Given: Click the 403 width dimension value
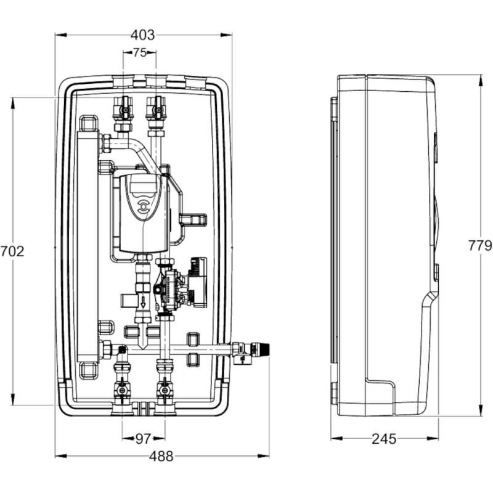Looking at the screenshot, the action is tap(143, 35).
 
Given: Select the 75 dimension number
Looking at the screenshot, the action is tap(140, 52).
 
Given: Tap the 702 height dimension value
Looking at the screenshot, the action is tap(12, 251).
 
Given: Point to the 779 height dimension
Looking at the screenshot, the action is tap(480, 245).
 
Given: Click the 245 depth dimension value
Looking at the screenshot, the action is tap(384, 439).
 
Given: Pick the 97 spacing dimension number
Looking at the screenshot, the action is tap(144, 439).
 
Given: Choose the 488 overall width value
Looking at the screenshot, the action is tap(161, 456).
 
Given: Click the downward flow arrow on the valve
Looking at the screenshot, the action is tap(144, 303).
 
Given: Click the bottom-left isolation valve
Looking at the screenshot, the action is tap(121, 391).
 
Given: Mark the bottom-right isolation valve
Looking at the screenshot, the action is tap(163, 391).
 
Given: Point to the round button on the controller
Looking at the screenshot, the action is tap(144, 207).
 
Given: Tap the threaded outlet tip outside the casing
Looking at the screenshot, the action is tap(264, 349).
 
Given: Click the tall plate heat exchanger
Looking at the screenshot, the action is tap(88, 246).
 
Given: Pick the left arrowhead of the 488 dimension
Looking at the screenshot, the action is tap(61, 456).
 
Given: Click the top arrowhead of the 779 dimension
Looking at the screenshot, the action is tap(481, 81).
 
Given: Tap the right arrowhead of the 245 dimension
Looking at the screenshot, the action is tap(433, 438).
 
